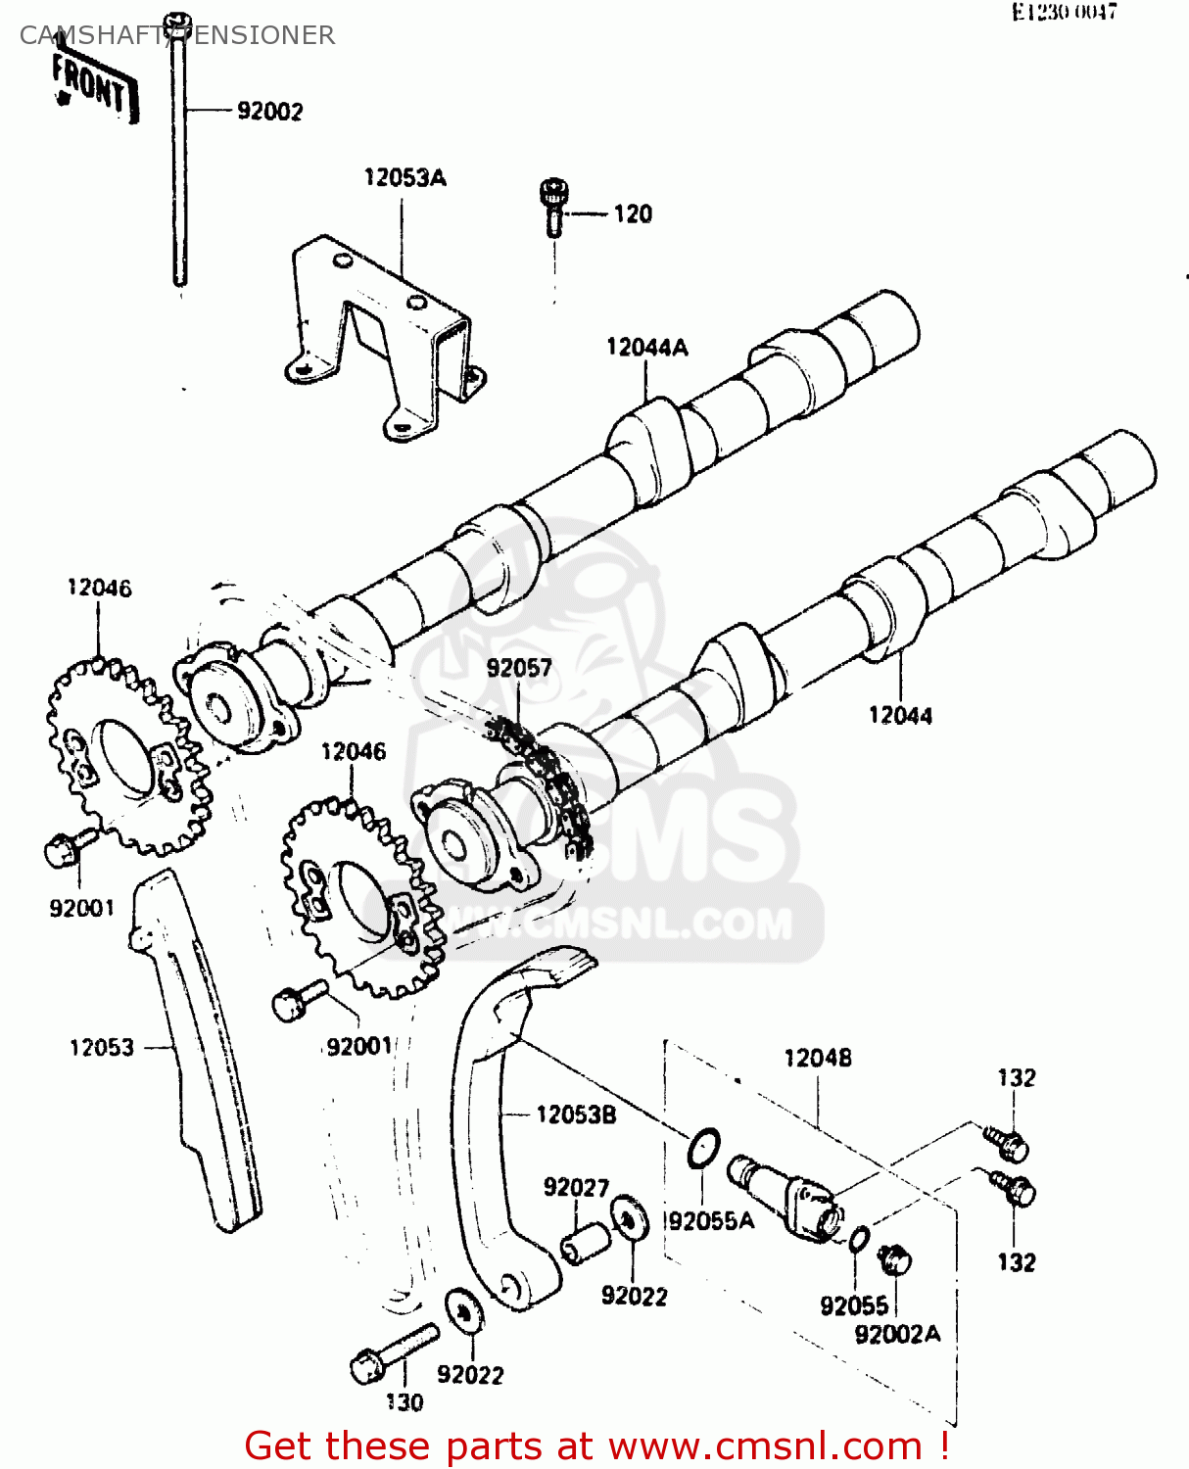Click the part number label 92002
[x=269, y=112]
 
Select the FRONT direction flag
[x=93, y=86]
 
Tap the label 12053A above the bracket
[x=404, y=177]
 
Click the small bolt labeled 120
[x=553, y=205]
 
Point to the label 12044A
[x=646, y=347]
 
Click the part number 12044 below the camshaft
[x=900, y=715]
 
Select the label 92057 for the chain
[x=519, y=668]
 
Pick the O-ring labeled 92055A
[x=704, y=1148]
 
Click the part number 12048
[x=818, y=1058]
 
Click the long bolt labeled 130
[x=392, y=1351]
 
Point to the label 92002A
[x=897, y=1334]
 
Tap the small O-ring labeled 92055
[x=859, y=1239]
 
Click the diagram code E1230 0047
[x=1064, y=12]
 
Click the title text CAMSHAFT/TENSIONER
[x=177, y=35]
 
